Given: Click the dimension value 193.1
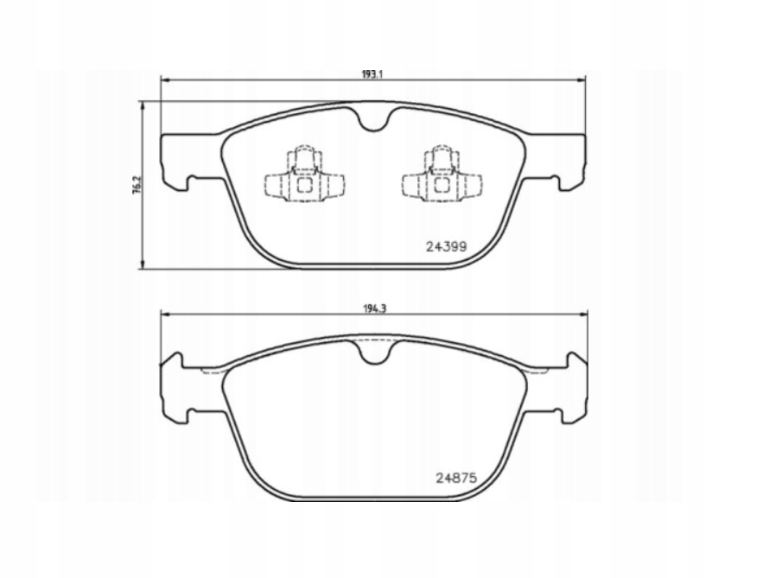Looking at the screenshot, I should click(x=372, y=74).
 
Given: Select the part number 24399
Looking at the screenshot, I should click(x=446, y=246).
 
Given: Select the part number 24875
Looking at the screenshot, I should click(x=456, y=476).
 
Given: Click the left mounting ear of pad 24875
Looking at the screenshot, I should click(x=178, y=384).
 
